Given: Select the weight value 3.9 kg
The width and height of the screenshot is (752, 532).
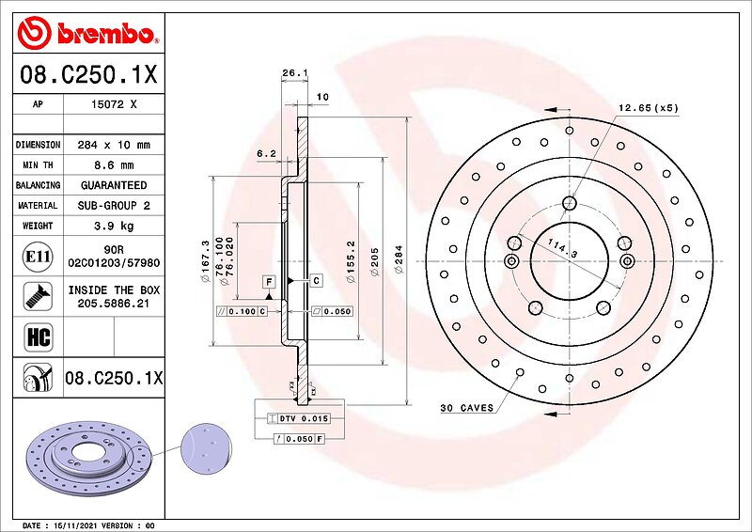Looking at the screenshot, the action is click(x=114, y=226).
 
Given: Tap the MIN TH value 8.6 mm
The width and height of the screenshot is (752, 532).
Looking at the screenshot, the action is click(x=114, y=165).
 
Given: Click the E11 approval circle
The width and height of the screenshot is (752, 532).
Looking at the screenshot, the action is click(x=38, y=257).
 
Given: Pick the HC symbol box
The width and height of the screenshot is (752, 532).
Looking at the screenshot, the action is click(x=38, y=336).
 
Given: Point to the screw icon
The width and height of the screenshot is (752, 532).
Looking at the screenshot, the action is click(x=38, y=296).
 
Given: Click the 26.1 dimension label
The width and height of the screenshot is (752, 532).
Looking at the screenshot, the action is click(x=294, y=73).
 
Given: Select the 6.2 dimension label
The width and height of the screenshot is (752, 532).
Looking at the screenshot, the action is click(x=266, y=153).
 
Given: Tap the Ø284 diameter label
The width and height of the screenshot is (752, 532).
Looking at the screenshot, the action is click(x=399, y=259).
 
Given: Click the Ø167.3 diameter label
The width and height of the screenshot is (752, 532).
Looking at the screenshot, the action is click(x=206, y=261).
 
